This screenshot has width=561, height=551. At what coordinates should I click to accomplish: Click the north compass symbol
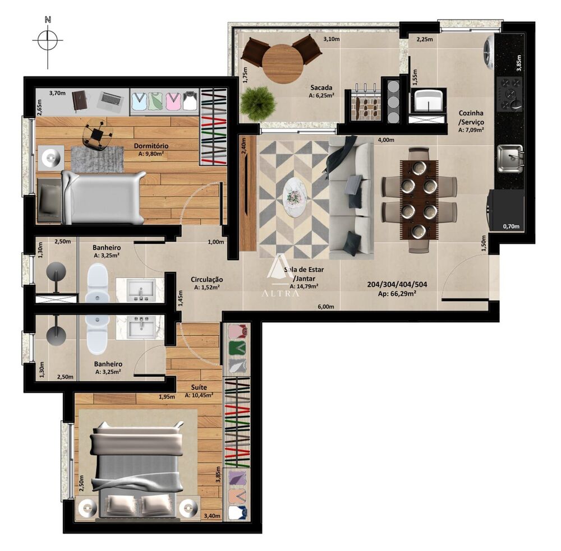click(48, 40)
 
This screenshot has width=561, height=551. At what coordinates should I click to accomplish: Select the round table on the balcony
click(283, 63)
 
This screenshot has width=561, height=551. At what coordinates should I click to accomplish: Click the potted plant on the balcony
click(258, 103)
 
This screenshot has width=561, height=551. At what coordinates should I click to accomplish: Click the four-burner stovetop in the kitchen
click(511, 94)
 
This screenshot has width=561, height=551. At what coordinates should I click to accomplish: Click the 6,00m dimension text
click(325, 307)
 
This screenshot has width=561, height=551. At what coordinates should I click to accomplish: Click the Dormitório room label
click(151, 146)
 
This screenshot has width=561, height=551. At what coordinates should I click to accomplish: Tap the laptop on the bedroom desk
click(110, 100)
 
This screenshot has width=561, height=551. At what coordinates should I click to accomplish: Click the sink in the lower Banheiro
click(143, 326)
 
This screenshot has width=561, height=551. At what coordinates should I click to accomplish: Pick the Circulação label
click(206, 279)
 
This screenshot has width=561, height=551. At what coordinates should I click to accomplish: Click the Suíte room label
click(199, 387)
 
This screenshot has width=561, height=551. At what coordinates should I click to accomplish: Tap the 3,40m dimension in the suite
click(211, 516)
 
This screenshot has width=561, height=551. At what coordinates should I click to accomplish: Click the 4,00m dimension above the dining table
click(386, 140)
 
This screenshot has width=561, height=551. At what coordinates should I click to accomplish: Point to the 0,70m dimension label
click(511, 226)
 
